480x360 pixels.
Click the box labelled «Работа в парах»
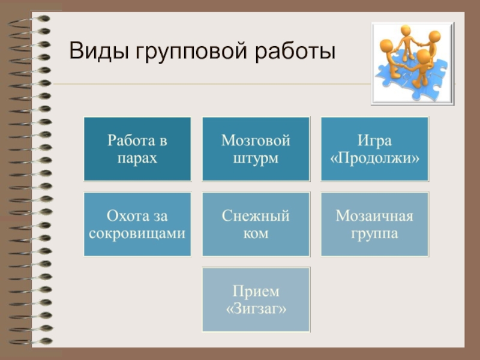pyautogui.click(x=137, y=149)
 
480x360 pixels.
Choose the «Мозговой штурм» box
pyautogui.click(x=256, y=149)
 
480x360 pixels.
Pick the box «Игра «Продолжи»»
pyautogui.click(x=375, y=149)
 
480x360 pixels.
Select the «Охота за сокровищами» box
pyautogui.click(x=137, y=224)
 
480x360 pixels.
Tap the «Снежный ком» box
pyautogui.click(x=256, y=224)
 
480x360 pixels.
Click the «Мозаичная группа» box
pyautogui.click(x=375, y=224)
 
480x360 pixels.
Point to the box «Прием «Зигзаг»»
pyautogui.click(x=256, y=299)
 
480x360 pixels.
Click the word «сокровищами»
pyautogui.click(x=137, y=233)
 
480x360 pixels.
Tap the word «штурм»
pyautogui.click(x=256, y=158)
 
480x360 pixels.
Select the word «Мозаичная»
pyautogui.click(x=375, y=215)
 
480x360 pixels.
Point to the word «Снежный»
pyautogui.click(x=256, y=215)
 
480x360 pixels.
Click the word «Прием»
pyautogui.click(x=256, y=291)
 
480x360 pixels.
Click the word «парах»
pyautogui.click(x=137, y=158)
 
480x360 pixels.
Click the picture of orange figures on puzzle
pyautogui.click(x=413, y=64)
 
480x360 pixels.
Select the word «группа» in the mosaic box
pyautogui.click(x=375, y=233)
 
